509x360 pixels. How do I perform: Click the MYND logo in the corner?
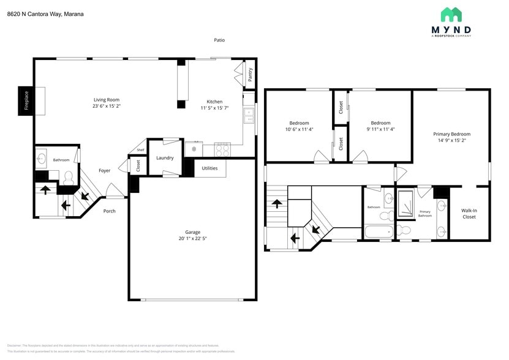tap(451, 23)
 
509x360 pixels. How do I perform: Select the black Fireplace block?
tap(26, 100)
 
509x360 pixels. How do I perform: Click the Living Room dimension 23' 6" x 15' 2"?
tap(106, 106)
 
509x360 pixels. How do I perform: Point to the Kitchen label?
tap(214, 102)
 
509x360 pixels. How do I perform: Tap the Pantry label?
tap(250, 75)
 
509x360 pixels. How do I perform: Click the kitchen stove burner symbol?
tap(222, 148)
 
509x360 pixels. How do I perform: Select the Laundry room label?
tap(165, 158)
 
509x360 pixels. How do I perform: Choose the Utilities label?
tap(209, 168)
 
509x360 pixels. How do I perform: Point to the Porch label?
tap(109, 211)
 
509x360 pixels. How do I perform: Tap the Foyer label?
tap(105, 171)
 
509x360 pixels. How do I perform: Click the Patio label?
tap(219, 40)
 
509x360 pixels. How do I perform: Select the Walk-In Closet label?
tap(469, 213)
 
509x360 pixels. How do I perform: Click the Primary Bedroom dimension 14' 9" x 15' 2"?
tap(451, 140)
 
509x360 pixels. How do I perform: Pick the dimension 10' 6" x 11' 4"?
tap(299, 129)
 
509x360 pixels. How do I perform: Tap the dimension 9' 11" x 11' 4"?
tap(380, 129)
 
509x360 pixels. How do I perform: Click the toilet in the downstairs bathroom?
tap(68, 178)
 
